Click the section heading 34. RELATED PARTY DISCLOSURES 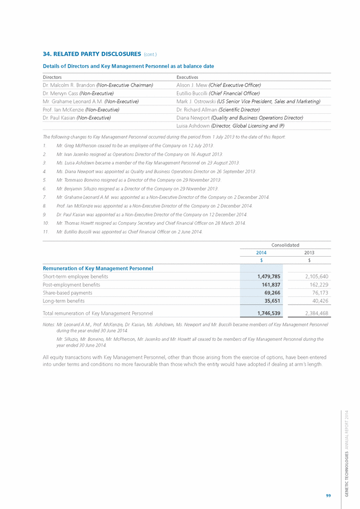91,53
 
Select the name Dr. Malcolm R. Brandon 69,85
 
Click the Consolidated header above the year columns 285,245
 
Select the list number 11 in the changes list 46,232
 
